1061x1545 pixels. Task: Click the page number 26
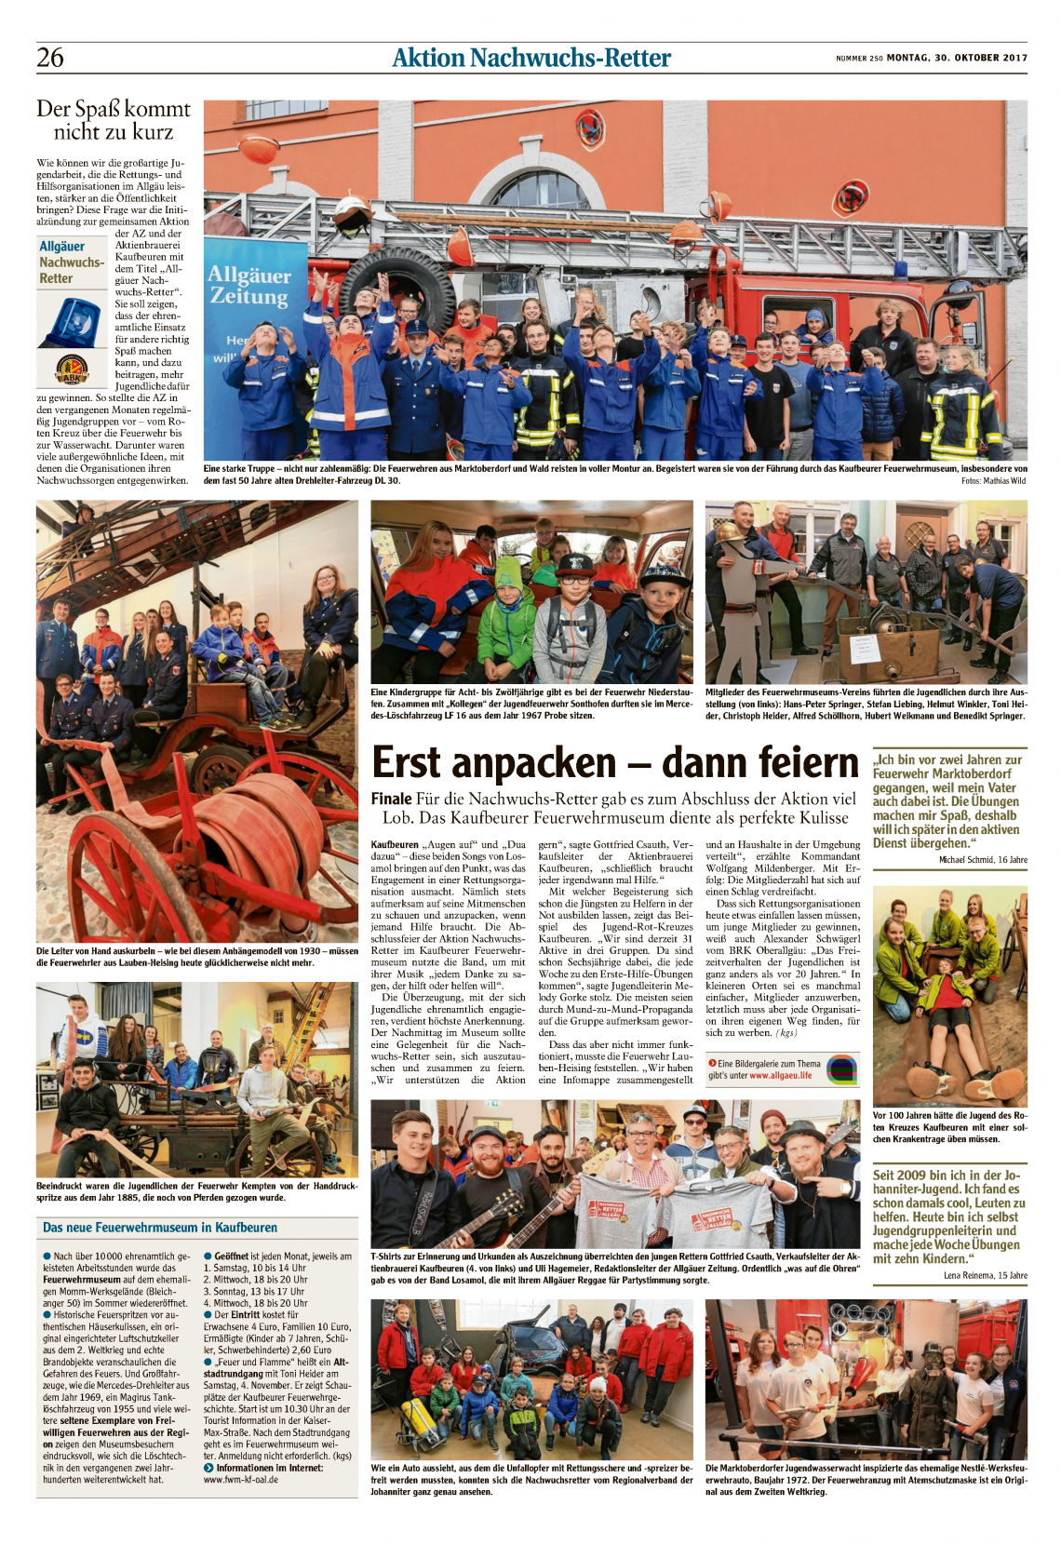click(x=50, y=58)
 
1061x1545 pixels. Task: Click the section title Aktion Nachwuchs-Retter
click(x=530, y=58)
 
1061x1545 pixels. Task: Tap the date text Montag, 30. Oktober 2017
click(x=957, y=58)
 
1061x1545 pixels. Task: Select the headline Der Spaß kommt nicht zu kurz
click(x=113, y=120)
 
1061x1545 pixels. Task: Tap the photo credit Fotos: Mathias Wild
click(x=993, y=481)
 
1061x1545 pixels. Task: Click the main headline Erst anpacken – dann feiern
click(x=614, y=763)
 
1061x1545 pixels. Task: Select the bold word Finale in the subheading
click(x=391, y=799)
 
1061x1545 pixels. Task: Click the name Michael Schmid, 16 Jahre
click(x=983, y=860)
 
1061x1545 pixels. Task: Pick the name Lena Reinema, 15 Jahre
click(x=985, y=1275)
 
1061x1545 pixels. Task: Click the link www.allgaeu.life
click(x=780, y=1075)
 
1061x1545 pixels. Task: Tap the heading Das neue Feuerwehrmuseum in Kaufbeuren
click(x=160, y=1228)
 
